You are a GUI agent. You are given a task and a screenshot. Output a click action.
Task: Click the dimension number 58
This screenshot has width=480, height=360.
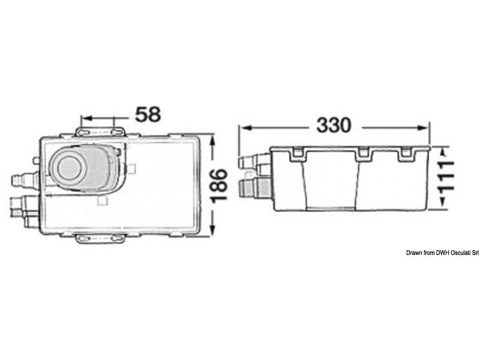coord(148,114)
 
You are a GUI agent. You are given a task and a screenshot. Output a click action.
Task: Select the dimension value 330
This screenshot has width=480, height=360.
coord(334,125)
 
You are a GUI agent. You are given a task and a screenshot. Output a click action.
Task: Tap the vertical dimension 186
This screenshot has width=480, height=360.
coord(219,186)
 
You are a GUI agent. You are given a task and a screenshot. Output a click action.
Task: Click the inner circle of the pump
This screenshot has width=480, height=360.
coord(69,168)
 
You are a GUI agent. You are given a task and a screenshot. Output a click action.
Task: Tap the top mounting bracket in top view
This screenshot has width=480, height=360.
coord(100,131)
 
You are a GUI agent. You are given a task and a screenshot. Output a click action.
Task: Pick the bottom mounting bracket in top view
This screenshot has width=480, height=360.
coord(100,238)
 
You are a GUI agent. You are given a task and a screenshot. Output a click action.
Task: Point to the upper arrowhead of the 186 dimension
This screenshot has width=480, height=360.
coord(213,141)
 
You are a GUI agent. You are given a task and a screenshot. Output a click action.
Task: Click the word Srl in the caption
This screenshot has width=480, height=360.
coord(475,253)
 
